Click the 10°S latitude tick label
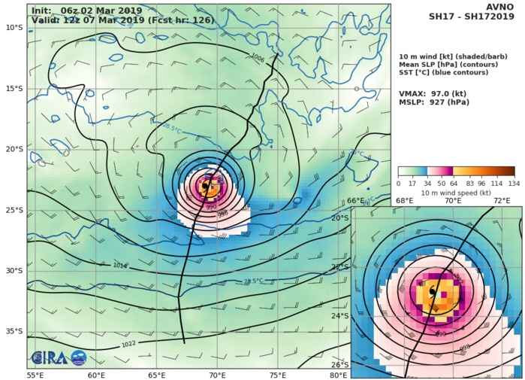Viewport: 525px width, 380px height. coord(14,27)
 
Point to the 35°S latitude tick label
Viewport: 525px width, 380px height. coord(14,331)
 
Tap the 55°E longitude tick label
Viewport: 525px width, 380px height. coord(35,375)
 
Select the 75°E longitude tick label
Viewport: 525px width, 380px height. coord(278,375)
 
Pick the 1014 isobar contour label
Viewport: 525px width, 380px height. coord(120,266)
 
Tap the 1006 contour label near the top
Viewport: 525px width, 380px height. coord(258,57)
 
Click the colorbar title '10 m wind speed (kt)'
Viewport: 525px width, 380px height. coord(456,193)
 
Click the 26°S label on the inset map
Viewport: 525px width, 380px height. coord(340,365)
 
